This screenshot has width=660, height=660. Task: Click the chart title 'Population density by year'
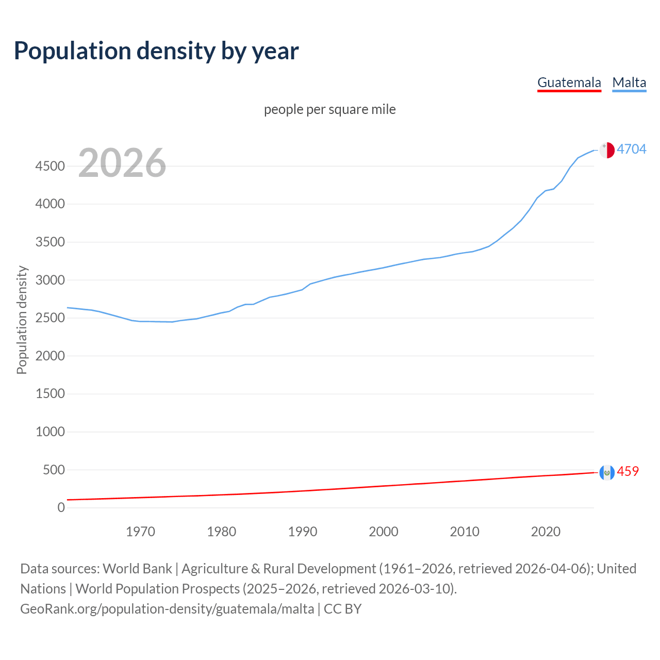(x=156, y=51)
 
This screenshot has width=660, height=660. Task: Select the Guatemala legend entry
(x=569, y=82)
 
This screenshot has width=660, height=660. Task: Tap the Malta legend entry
(x=629, y=82)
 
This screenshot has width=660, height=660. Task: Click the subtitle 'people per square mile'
(x=329, y=109)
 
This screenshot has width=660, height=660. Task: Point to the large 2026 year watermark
(x=122, y=163)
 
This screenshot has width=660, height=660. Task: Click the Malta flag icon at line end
(x=607, y=150)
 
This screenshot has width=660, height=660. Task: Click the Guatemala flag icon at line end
(x=607, y=472)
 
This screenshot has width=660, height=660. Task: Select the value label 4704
(x=631, y=149)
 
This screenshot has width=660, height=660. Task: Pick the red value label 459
(x=628, y=471)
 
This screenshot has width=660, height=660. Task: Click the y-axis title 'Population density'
(x=22, y=320)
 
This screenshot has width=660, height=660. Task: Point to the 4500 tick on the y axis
(x=50, y=166)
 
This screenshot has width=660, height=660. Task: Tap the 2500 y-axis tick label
(x=50, y=318)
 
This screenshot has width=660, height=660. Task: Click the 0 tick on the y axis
(x=61, y=507)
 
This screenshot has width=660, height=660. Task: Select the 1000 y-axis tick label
(x=50, y=432)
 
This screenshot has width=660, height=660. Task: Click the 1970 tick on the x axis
(x=140, y=532)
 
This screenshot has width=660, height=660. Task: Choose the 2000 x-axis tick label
(x=383, y=532)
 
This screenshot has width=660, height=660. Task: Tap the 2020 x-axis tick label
(x=546, y=532)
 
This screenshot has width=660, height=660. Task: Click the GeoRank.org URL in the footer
(x=167, y=608)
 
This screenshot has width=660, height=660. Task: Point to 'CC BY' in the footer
(x=342, y=608)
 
